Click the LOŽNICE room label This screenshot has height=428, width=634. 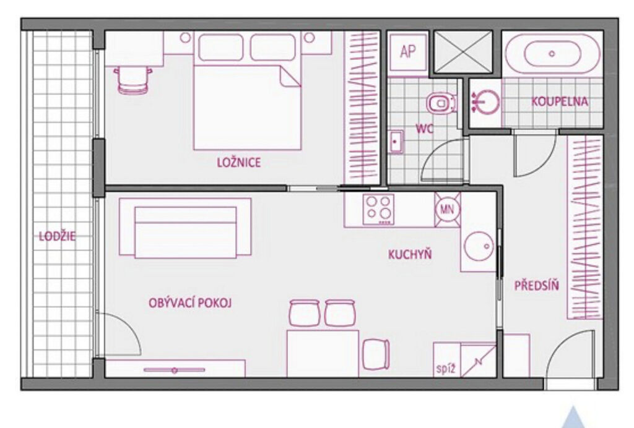(239, 162)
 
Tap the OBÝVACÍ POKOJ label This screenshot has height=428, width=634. (190, 303)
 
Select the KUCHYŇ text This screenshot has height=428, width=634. (410, 254)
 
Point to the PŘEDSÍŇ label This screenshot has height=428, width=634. (537, 286)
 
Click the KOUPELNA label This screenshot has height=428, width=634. (560, 101)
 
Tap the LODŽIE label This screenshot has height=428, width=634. (57, 236)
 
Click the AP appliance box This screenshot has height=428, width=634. (408, 52)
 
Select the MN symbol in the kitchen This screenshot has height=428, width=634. (447, 209)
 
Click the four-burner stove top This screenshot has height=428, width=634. (378, 209)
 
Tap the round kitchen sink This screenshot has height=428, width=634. (479, 246)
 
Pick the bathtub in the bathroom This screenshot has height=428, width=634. (552, 53)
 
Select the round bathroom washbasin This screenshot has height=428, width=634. (485, 102)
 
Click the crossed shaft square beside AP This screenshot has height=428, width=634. (463, 52)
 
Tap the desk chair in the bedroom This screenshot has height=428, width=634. (133, 80)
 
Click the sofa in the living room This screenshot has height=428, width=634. (185, 228)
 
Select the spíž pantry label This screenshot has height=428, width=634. (446, 369)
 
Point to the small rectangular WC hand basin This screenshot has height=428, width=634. (396, 142)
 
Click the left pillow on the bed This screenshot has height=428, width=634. (221, 48)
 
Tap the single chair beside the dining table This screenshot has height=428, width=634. (376, 354)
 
